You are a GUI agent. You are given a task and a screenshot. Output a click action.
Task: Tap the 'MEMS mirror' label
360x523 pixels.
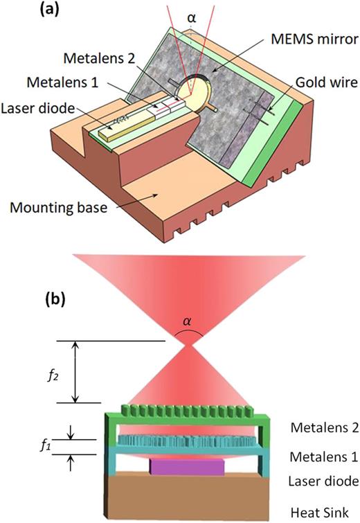point(295,40)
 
